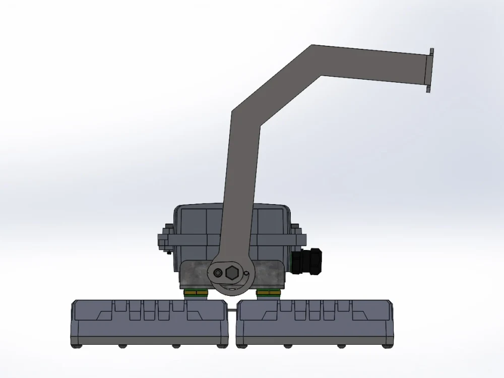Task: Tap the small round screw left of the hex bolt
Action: tap(217, 273)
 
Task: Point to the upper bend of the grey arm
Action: tap(316, 60)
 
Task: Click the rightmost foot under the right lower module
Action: tap(386, 346)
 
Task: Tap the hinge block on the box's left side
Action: tap(164, 239)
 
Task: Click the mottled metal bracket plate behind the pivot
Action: tap(194, 275)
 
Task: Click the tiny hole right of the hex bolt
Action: tap(246, 273)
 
